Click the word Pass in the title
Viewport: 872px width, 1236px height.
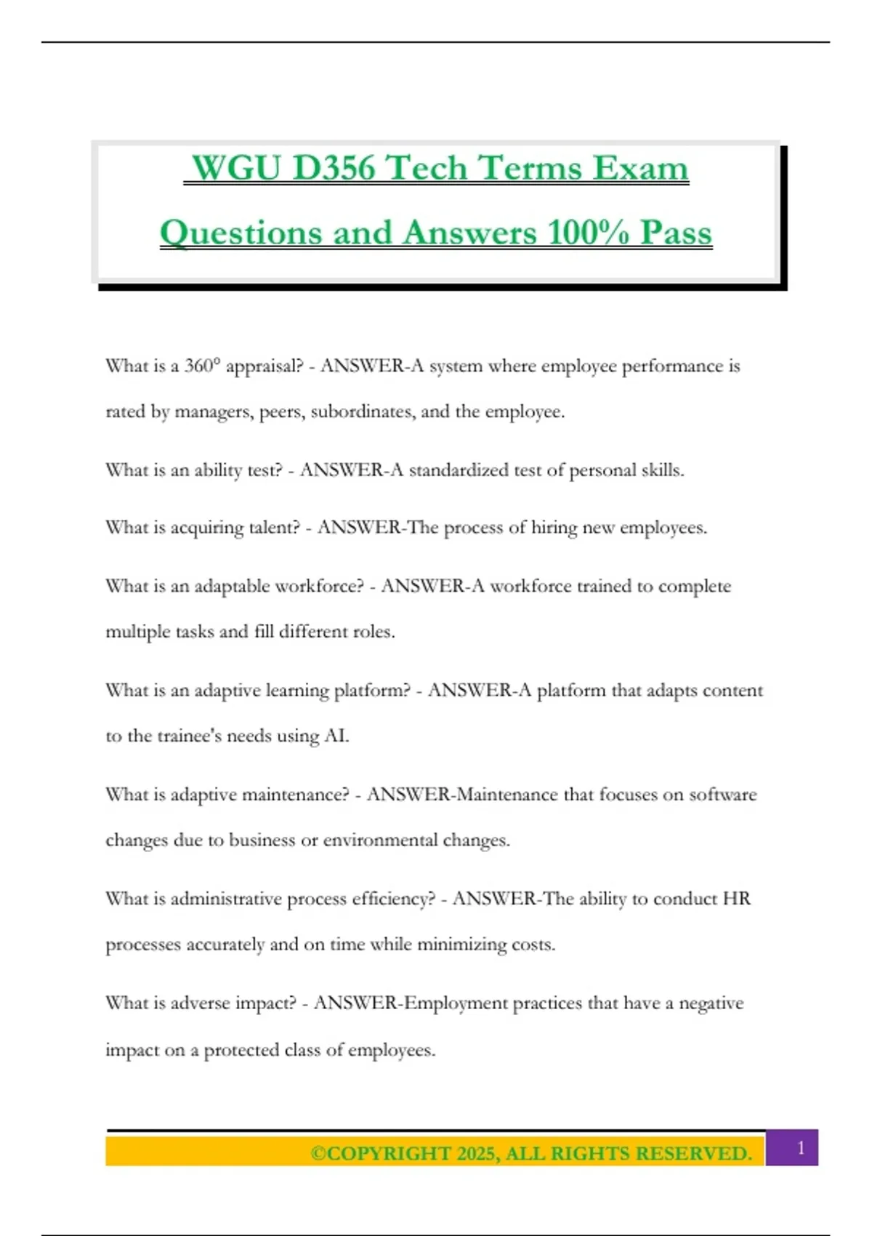675,233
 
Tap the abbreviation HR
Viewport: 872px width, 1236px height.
736,899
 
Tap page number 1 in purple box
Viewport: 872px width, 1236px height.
800,1148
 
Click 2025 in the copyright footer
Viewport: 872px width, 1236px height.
476,1154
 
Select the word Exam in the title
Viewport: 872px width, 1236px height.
639,168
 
